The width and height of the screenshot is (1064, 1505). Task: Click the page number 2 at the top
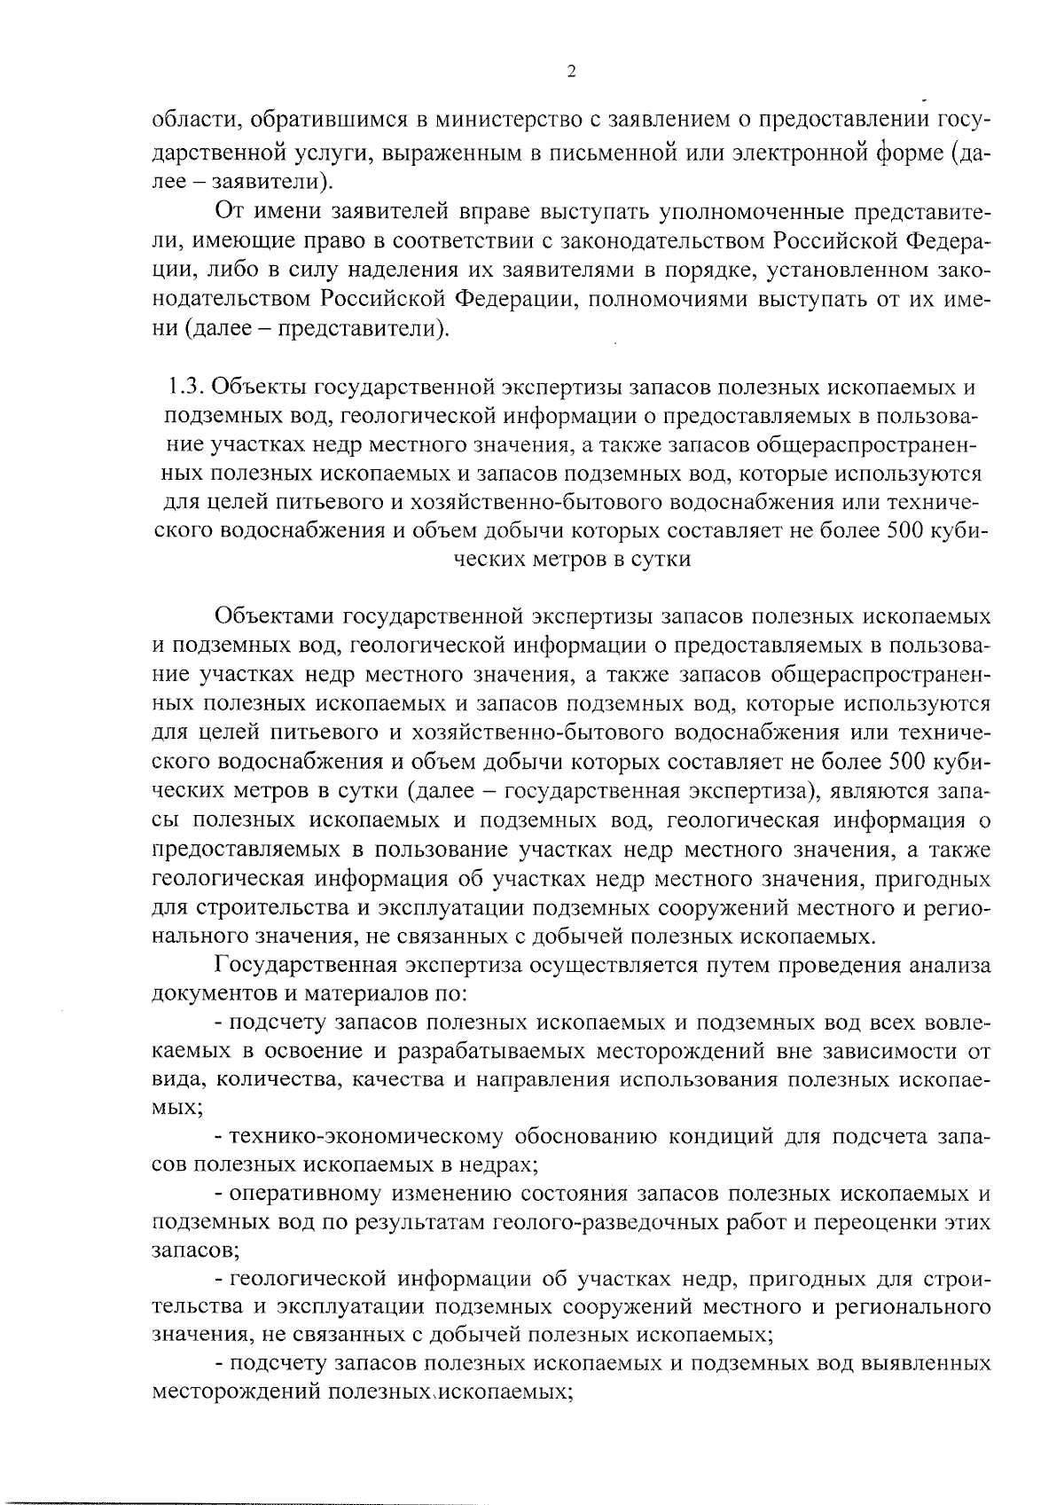coord(570,72)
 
